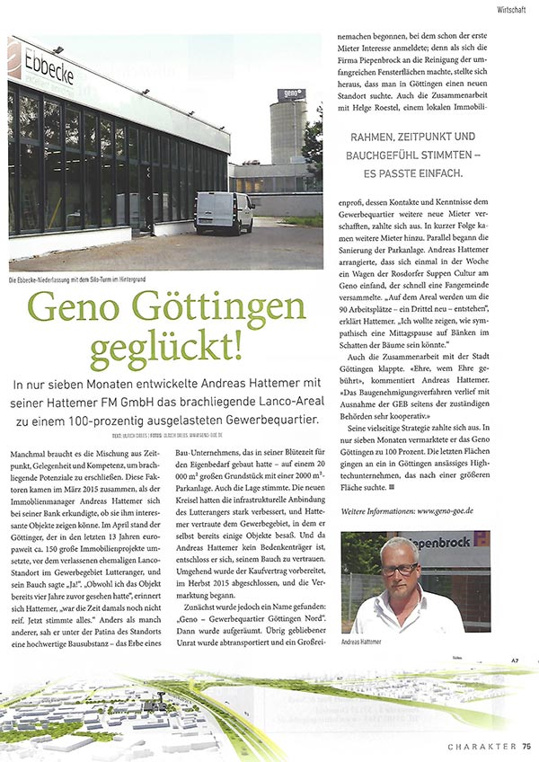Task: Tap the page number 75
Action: point(526,746)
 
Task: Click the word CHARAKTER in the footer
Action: point(482,746)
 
